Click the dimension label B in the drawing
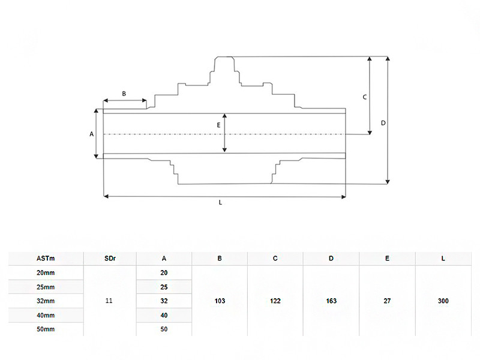(124, 94)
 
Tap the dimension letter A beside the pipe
(92, 134)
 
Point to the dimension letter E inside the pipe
(218, 125)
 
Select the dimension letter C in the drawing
(365, 97)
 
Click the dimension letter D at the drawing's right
(383, 123)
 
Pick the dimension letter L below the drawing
(220, 203)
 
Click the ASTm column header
(46, 259)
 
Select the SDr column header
(110, 259)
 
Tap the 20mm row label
(46, 273)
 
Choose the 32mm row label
(46, 301)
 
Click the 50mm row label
(46, 329)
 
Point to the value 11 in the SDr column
(109, 301)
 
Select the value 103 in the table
(220, 301)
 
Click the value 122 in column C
(275, 301)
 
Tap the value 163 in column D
(331, 301)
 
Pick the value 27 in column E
(387, 301)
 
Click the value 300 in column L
(443, 301)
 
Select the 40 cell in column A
(164, 316)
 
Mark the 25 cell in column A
(164, 287)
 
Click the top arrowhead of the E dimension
(224, 116)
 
